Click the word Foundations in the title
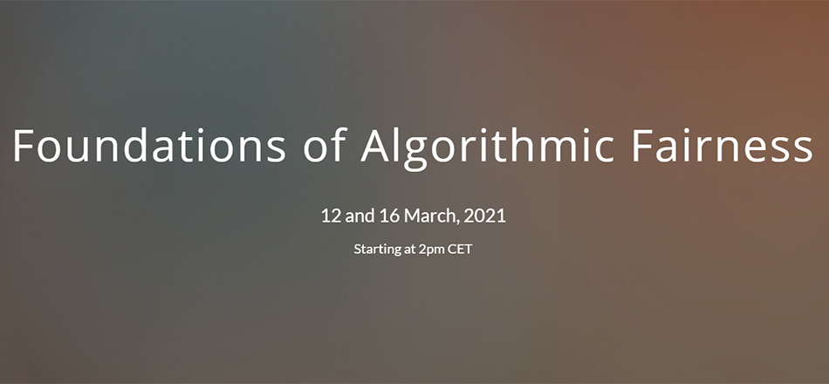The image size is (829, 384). coord(149,146)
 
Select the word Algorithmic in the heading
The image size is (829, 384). coord(488,148)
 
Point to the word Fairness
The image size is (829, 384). coord(723,146)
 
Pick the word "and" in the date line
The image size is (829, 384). coord(360,216)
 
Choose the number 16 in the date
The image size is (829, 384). coord(390,216)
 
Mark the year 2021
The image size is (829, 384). coord(485,216)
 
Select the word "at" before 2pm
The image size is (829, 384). coord(410,249)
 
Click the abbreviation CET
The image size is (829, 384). coord(460,249)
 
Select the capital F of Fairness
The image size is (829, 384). coord(641,146)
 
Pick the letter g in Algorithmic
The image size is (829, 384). coord(416,154)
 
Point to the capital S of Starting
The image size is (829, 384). coord(358,249)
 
